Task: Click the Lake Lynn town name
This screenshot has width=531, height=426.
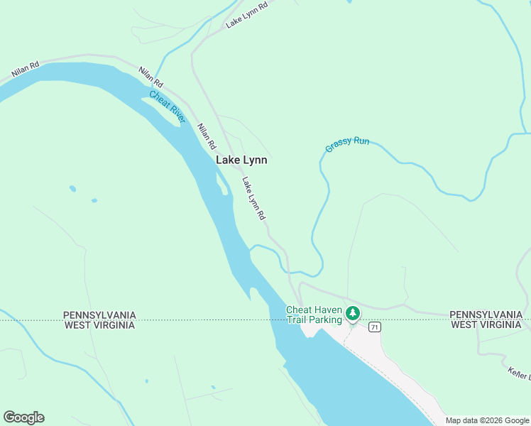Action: (x=241, y=160)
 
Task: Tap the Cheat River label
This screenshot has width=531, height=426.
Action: (x=168, y=106)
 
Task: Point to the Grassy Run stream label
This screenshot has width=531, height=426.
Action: (x=347, y=144)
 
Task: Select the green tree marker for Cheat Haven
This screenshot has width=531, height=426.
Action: (x=353, y=313)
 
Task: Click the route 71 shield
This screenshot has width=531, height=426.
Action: (x=375, y=327)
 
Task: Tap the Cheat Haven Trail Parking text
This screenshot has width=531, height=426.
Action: (x=313, y=315)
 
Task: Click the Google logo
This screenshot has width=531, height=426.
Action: (x=23, y=417)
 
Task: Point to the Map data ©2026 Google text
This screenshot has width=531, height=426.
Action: (x=486, y=420)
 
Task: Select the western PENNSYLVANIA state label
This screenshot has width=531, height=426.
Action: (x=99, y=315)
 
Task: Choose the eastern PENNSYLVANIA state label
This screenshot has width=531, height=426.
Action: (x=486, y=315)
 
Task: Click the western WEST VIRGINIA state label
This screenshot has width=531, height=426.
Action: (x=99, y=325)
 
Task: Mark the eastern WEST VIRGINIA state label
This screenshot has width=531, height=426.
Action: (x=486, y=325)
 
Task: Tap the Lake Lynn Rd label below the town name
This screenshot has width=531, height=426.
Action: (x=253, y=198)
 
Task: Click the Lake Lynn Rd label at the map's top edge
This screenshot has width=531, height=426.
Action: (x=246, y=15)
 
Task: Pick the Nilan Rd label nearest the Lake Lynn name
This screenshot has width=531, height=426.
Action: (x=207, y=136)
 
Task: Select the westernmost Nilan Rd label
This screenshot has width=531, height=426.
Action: (x=25, y=69)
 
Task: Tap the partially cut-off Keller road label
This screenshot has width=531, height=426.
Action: (x=520, y=373)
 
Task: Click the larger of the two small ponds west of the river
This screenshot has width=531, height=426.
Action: (x=73, y=189)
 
